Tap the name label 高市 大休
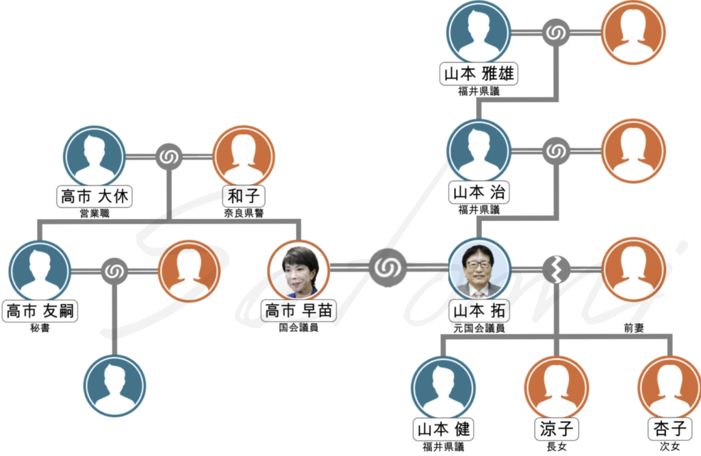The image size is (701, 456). (94, 197)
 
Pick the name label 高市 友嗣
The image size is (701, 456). (40, 312)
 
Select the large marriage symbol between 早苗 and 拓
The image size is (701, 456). (389, 267)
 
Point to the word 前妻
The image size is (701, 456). (633, 329)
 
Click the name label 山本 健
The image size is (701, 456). (443, 430)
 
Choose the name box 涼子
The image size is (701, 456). (555, 430)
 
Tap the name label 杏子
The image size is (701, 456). (668, 430)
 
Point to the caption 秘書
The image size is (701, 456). (40, 328)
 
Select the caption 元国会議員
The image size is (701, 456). (479, 328)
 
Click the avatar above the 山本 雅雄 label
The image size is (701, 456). (479, 32)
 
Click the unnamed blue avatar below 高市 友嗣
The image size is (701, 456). (115, 385)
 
